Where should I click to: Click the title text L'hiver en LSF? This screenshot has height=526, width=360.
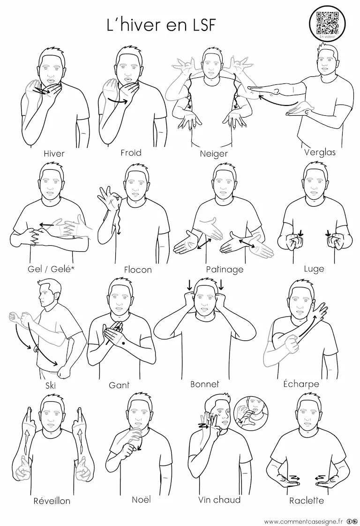pyautogui.click(x=161, y=25)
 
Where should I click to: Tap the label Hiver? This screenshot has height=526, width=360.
pyautogui.click(x=54, y=154)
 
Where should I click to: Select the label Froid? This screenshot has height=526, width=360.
pyautogui.click(x=131, y=153)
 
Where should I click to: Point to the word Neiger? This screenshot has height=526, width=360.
pyautogui.click(x=214, y=154)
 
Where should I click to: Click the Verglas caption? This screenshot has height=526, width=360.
pyautogui.click(x=320, y=152)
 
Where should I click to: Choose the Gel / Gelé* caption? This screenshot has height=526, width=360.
pyautogui.click(x=50, y=269)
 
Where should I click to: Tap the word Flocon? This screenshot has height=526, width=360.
pyautogui.click(x=138, y=270)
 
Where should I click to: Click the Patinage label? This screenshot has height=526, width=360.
pyautogui.click(x=225, y=270)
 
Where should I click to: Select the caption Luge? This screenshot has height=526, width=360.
pyautogui.click(x=314, y=269)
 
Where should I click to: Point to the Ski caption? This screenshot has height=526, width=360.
pyautogui.click(x=50, y=385)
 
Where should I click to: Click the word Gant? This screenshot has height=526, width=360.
pyautogui.click(x=119, y=385)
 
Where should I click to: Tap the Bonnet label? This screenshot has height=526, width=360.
pyautogui.click(x=205, y=384)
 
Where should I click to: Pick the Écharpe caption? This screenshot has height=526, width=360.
pyautogui.click(x=301, y=383)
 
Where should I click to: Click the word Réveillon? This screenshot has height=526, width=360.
pyautogui.click(x=52, y=501)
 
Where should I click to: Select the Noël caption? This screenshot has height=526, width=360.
pyautogui.click(x=141, y=499)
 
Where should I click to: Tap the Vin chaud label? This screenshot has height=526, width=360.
pyautogui.click(x=219, y=500)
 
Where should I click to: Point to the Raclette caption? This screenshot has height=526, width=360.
pyautogui.click(x=307, y=501)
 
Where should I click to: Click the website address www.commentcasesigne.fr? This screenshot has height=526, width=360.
pyautogui.click(x=304, y=521)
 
